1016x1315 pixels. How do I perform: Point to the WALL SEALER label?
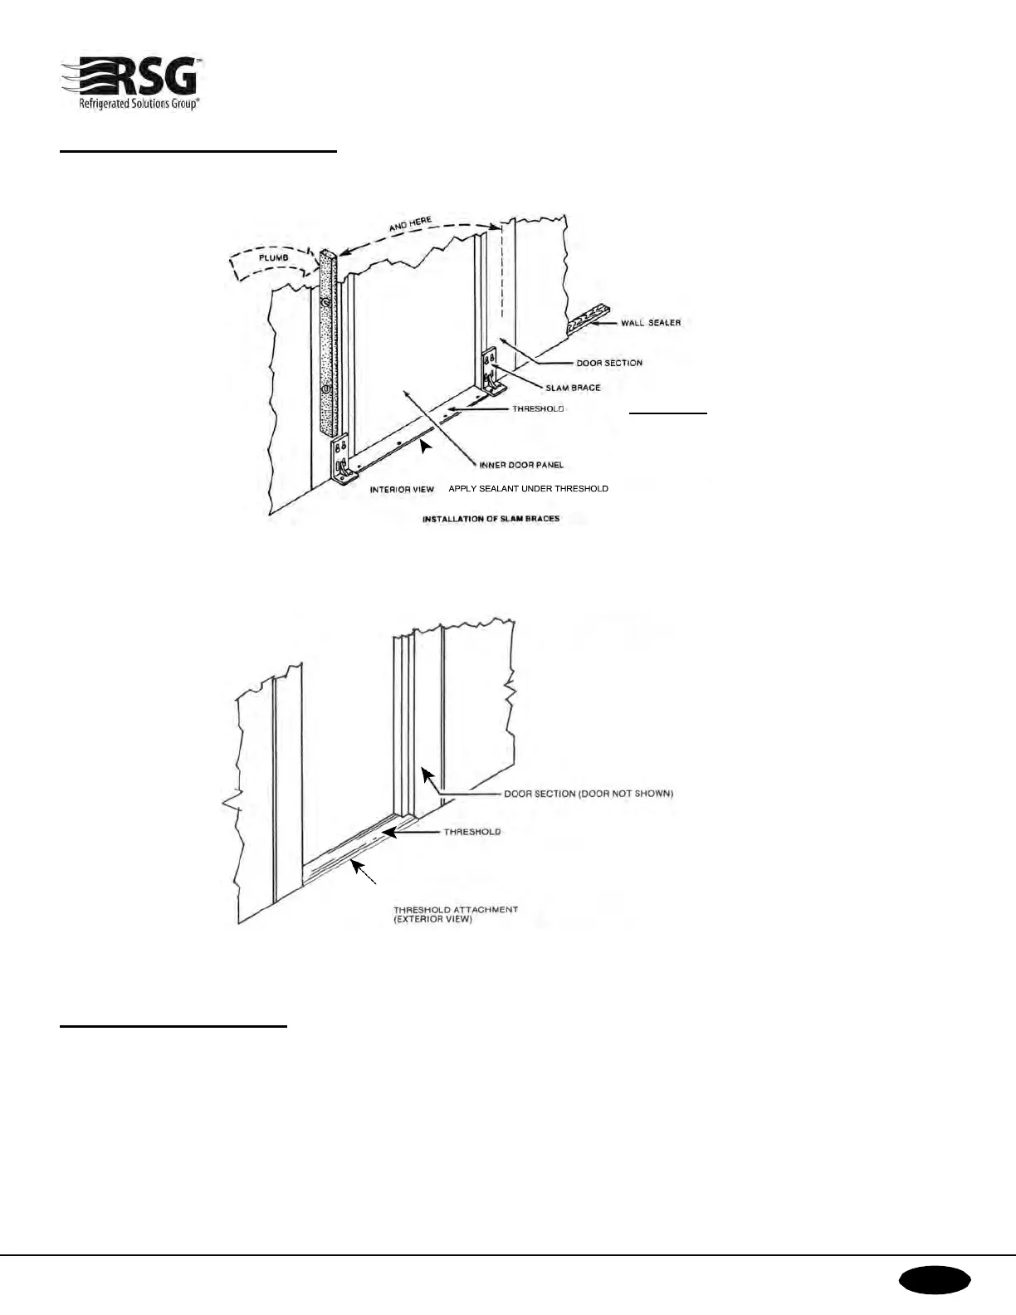point(651,322)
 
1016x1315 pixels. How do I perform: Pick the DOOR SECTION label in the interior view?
point(609,363)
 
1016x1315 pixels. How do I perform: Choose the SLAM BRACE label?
point(573,388)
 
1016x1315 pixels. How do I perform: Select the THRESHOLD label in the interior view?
point(538,408)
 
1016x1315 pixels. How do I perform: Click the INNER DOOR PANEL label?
point(521,465)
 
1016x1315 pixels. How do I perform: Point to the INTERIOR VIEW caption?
point(402,490)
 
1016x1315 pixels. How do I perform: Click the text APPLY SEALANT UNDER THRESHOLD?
point(528,489)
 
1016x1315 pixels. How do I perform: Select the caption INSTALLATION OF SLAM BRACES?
point(491,519)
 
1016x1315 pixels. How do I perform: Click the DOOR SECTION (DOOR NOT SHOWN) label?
point(589,794)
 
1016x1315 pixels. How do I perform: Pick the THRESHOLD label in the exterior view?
point(471,832)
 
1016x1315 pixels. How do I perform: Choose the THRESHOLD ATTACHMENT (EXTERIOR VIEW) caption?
point(455,914)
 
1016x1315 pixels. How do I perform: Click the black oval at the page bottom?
point(934,1280)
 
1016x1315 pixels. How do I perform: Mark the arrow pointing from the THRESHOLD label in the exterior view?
point(411,832)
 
